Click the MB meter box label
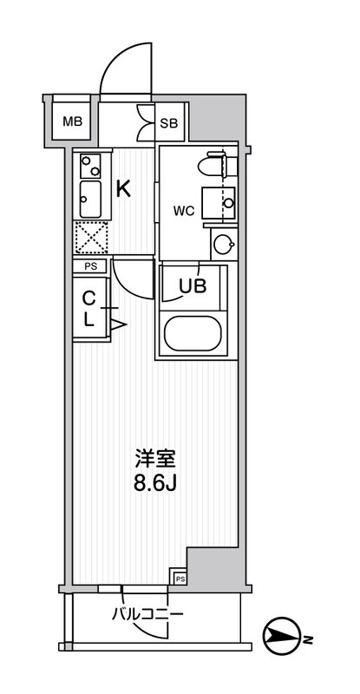[70, 121]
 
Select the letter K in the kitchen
[124, 188]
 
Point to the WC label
[183, 209]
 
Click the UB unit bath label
[193, 285]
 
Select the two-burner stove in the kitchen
[90, 165]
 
